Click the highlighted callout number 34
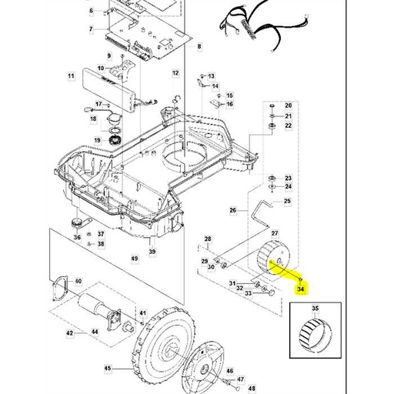(x=301, y=289)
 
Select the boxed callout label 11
(x=71, y=76)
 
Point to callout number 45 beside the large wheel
(x=108, y=369)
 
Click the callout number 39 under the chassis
(x=152, y=252)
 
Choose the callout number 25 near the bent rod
(x=288, y=201)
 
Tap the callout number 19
(x=98, y=139)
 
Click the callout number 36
(x=77, y=238)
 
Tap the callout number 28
(x=207, y=239)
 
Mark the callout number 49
(x=135, y=259)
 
